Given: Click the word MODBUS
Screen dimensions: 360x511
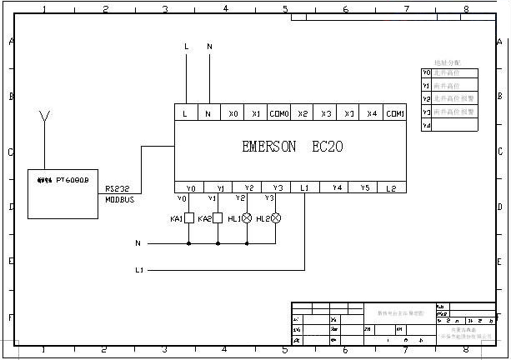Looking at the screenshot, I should coord(120,200).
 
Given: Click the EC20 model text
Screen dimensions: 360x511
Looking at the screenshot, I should coord(328,147).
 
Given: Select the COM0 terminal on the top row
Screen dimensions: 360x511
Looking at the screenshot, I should coord(279,113).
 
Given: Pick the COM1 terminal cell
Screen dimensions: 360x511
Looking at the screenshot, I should coord(395,113).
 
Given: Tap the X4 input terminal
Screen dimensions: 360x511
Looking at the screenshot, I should coord(372,113).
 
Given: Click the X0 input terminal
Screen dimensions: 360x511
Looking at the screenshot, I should coord(233,113).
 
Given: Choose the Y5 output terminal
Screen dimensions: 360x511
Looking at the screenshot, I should coord(365,187).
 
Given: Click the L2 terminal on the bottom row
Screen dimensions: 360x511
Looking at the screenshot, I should coord(391,187).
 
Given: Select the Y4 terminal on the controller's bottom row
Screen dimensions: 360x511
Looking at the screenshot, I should coord(336,187).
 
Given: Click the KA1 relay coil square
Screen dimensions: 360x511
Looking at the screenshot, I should coord(189,218).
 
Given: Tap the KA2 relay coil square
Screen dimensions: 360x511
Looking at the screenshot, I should coord(218,218).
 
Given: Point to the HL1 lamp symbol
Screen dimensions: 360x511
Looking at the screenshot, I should coord(247,218).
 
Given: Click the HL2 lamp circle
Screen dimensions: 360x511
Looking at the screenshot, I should coord(276,218).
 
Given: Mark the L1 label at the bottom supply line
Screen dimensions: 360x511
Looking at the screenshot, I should coord(139,270).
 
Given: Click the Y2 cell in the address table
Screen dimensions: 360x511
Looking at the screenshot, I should coord(427,98).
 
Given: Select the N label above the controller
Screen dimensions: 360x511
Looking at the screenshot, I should coord(209,47).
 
